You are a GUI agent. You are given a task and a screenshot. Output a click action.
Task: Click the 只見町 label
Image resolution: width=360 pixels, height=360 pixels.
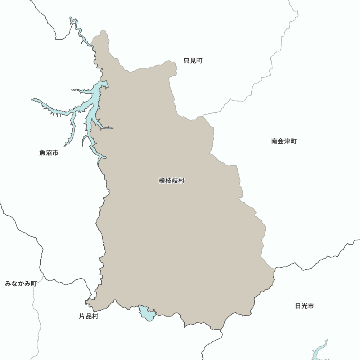pos(193,61)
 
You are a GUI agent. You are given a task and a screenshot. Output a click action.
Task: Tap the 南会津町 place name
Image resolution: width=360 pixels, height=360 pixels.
pos(284,141)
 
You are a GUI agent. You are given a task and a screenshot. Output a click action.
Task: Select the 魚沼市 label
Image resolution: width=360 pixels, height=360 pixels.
pos(49,153)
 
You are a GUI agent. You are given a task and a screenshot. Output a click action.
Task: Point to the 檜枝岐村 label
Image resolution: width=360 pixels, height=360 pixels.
pos(171,181)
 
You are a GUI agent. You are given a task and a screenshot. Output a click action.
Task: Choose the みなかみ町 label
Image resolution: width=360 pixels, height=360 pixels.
pos(21,284)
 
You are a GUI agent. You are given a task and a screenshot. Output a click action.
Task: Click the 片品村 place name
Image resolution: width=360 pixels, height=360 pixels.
pos(89,317)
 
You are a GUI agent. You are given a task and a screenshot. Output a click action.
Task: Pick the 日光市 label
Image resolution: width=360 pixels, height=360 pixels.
pos(305,306)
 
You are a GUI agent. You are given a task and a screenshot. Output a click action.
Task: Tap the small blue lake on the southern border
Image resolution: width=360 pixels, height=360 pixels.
pos(147,313)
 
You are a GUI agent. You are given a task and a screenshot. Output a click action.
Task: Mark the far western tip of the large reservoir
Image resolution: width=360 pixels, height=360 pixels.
pos(33,100)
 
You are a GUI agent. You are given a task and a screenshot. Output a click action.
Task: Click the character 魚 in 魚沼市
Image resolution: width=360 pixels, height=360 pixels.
pos(42,153)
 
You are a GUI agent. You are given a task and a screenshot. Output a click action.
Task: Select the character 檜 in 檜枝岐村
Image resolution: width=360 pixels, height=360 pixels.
pos(162,181)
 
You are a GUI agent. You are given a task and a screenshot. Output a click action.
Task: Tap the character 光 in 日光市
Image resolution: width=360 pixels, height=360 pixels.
pos(305,306)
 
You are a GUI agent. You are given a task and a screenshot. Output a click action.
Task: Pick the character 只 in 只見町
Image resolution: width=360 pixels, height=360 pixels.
pos(187,61)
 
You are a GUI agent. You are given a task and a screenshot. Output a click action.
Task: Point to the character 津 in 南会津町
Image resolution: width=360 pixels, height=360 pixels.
pos(287,141)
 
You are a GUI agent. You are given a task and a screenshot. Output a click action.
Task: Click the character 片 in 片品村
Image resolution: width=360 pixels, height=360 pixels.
pos(82,317)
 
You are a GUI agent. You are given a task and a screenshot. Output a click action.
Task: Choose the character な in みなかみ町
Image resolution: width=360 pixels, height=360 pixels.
pos(14,284)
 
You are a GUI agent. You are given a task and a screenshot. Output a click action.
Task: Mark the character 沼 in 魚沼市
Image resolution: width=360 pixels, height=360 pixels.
pos(49,153)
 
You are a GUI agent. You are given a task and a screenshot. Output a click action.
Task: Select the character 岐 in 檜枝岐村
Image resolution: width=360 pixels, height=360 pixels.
pos(175,181)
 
